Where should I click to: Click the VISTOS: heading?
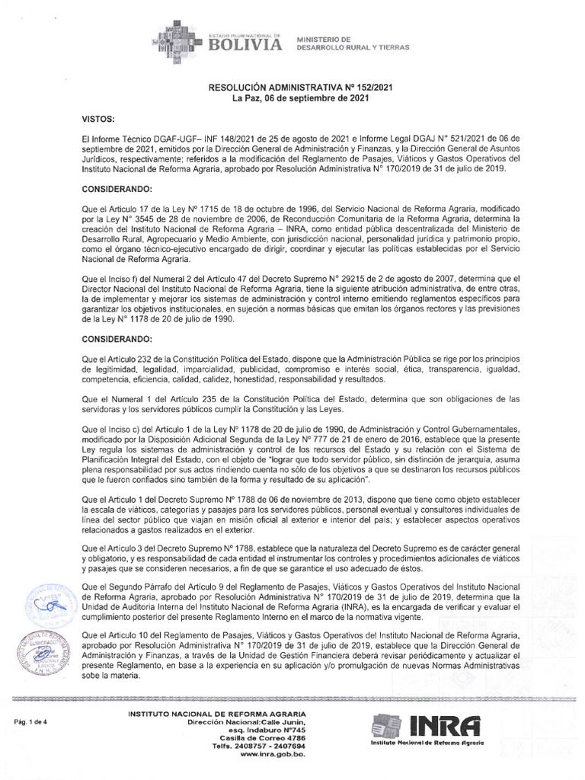tap(97, 120)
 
